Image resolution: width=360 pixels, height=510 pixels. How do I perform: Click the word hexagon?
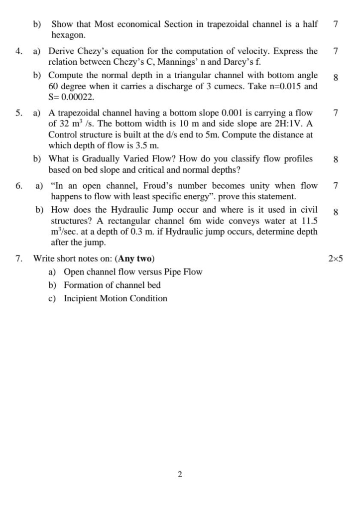click(x=68, y=35)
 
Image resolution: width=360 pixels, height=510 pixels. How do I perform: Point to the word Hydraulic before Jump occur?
click(x=130, y=210)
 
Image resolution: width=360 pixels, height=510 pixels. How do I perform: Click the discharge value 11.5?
click(x=308, y=221)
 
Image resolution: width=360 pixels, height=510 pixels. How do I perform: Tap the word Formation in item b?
click(x=84, y=285)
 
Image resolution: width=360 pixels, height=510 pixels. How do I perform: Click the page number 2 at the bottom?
click(x=180, y=475)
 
